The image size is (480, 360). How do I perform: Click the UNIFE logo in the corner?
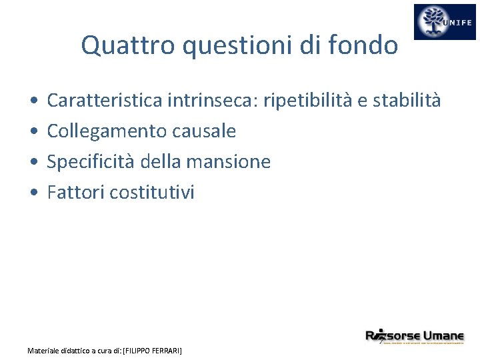coord(445,22)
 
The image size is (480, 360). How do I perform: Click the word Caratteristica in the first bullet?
coord(105,101)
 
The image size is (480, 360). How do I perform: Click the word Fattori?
coord(75,193)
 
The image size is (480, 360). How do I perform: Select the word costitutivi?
coord(152,193)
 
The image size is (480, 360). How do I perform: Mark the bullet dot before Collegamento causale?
coord(33,132)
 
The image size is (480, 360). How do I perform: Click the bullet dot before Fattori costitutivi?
coord(33,193)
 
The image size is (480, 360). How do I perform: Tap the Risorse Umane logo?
coord(414,336)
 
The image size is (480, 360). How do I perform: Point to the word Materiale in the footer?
coord(44,350)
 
